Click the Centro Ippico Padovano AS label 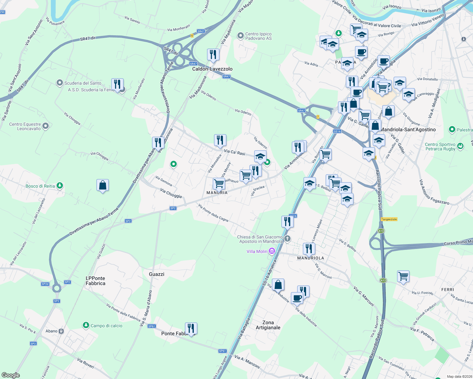tap(258, 36)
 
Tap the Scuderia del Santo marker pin tap(60, 83)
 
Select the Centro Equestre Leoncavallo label tap(25, 126)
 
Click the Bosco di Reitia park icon tap(60, 186)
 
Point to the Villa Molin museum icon tap(272, 251)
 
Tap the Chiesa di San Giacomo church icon tap(287, 238)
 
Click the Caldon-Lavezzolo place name tap(212, 69)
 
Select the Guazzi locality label tap(157, 274)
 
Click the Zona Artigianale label tap(268, 325)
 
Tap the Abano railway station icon tap(61, 331)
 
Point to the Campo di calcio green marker tap(86, 325)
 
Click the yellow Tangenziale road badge tap(389, 219)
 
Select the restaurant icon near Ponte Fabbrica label tap(191, 328)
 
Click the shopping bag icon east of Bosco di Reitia tap(102, 185)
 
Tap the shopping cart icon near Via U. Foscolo tap(403, 277)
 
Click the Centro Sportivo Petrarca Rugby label tap(440, 147)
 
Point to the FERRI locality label tap(447, 290)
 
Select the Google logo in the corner tap(10, 375)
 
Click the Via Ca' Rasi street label tap(234, 152)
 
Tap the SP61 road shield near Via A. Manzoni tap(222, 351)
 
